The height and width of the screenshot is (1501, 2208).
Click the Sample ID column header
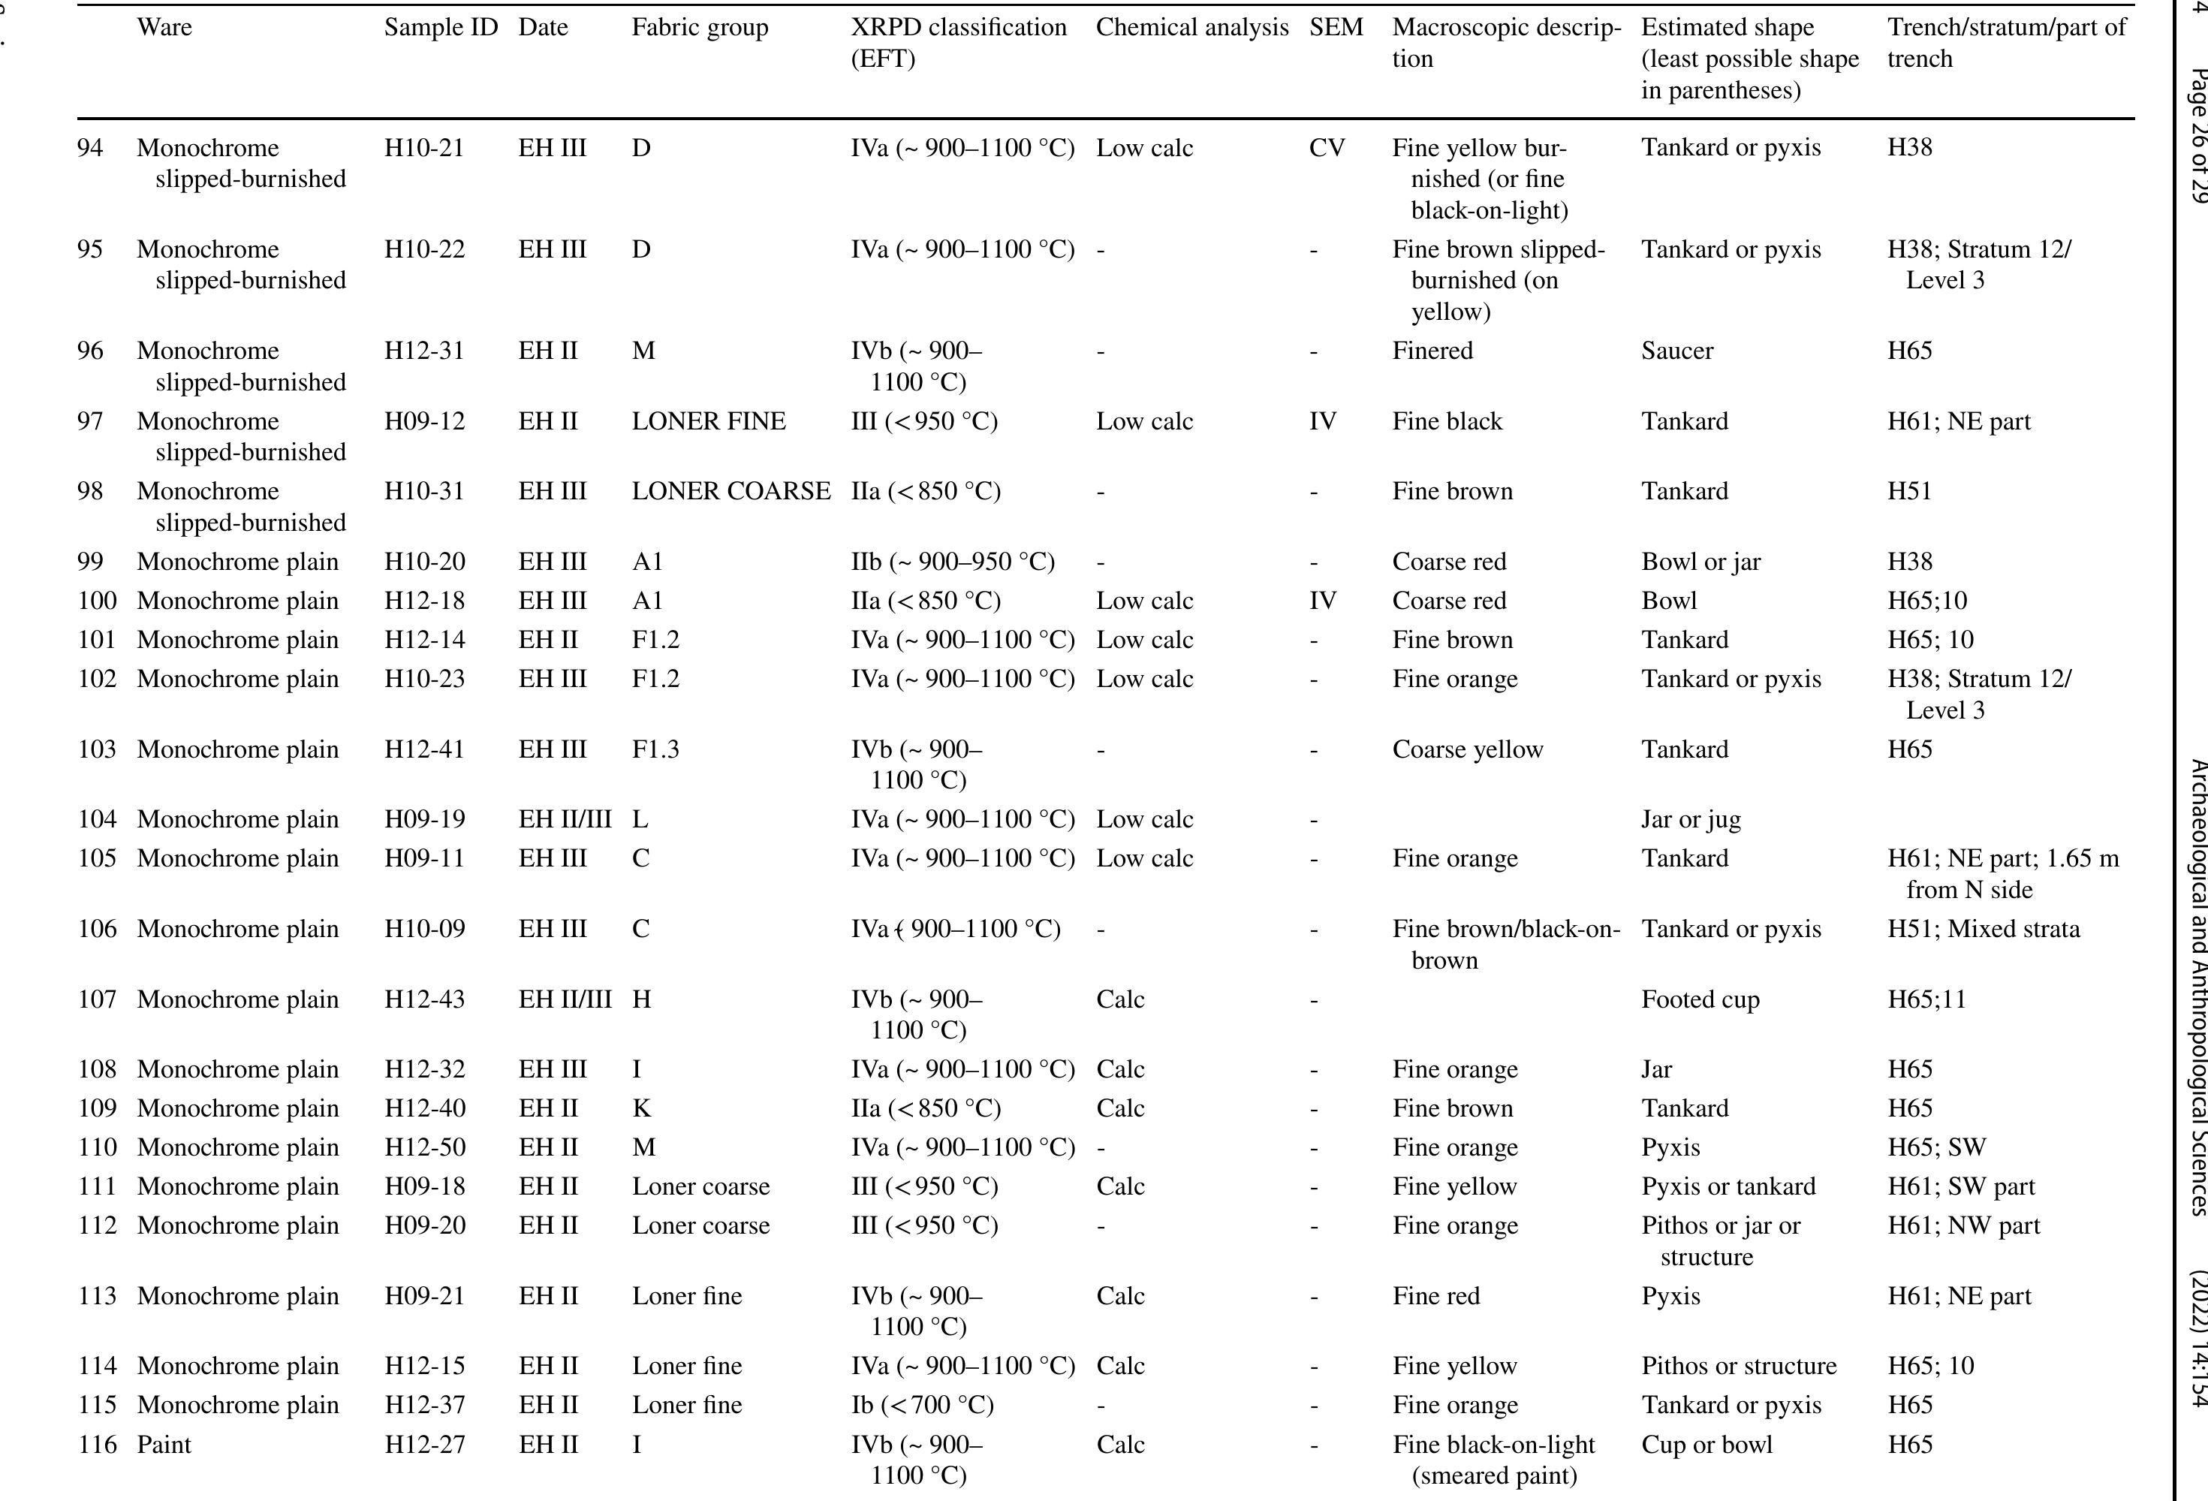tap(441, 28)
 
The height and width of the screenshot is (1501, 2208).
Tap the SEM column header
tap(1335, 28)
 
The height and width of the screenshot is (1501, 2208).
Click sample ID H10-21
tap(423, 148)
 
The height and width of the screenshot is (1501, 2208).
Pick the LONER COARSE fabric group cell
tap(730, 491)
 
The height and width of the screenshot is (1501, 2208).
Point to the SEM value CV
tap(1327, 148)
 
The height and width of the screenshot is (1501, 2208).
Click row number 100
tap(97, 601)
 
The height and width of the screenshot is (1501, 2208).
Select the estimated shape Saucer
tap(1677, 351)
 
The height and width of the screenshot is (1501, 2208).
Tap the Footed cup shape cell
tap(1700, 999)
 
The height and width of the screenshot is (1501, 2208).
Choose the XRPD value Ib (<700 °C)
tap(922, 1405)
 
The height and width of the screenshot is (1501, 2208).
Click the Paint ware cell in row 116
tap(164, 1445)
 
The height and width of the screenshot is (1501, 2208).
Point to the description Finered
tap(1432, 351)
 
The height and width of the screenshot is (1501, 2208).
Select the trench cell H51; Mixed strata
tap(1983, 929)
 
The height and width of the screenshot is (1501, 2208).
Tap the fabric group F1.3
tap(655, 749)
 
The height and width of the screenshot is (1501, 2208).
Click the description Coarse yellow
tap(1467, 749)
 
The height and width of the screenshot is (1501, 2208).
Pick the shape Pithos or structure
tap(1739, 1366)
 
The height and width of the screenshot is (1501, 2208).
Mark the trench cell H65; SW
tap(1936, 1147)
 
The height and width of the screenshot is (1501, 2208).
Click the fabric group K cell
tap(641, 1108)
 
